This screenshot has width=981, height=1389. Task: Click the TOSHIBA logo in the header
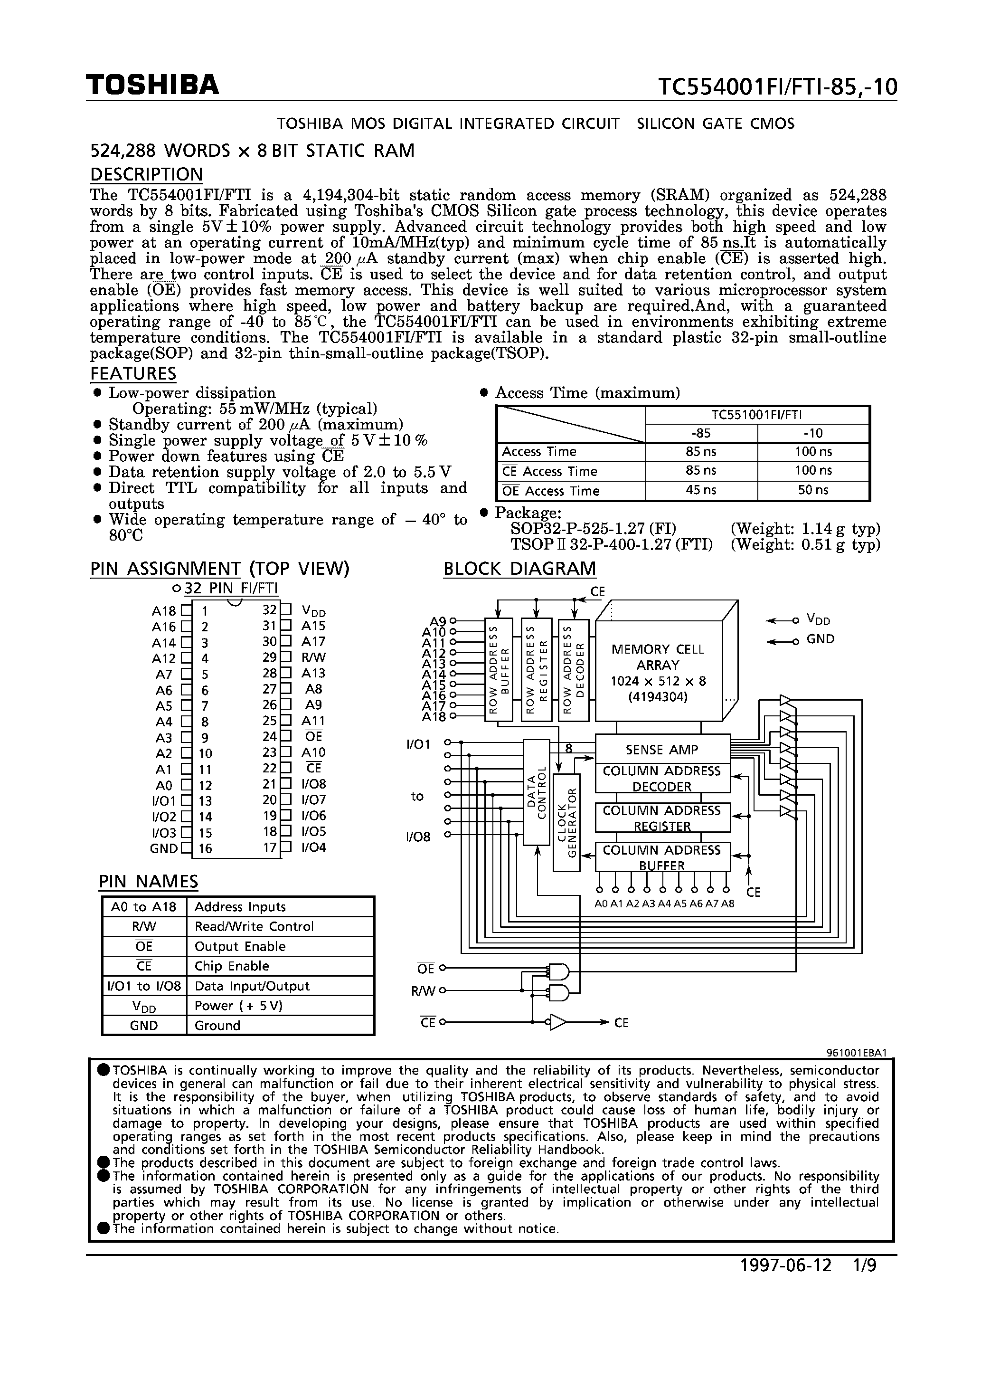(152, 86)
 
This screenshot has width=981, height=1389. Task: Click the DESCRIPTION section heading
(146, 174)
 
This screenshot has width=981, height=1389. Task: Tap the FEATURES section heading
(133, 373)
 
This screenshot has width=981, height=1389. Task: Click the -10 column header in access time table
(813, 433)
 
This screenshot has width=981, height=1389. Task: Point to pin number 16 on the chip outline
(205, 849)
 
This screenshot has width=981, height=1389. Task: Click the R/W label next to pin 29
(313, 657)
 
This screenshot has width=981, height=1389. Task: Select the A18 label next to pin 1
(163, 611)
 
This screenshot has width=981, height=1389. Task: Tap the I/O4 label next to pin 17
(313, 847)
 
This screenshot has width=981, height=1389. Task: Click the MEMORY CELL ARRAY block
(658, 672)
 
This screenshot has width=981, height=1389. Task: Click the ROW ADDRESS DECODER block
(574, 670)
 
